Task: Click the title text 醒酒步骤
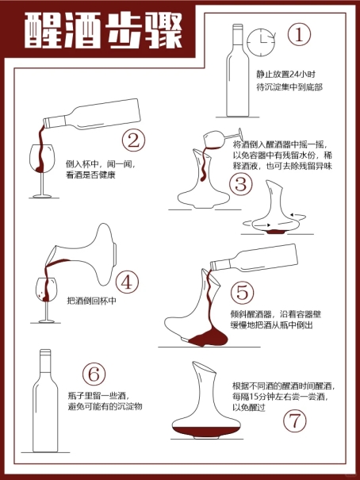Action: click(x=103, y=31)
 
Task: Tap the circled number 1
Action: click(x=299, y=34)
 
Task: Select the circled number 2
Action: click(x=133, y=140)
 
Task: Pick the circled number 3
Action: click(x=241, y=184)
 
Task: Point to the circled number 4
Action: click(x=128, y=282)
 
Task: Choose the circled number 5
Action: click(x=242, y=292)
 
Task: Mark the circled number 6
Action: click(x=94, y=374)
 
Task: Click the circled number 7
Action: click(x=294, y=420)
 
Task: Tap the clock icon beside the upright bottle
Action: click(x=261, y=43)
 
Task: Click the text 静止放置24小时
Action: click(x=285, y=75)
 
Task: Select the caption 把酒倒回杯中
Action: click(x=91, y=301)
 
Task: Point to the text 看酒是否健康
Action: click(x=91, y=175)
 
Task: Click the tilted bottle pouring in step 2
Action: click(x=91, y=114)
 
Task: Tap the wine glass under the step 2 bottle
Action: click(x=43, y=171)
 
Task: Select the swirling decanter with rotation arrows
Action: click(x=275, y=208)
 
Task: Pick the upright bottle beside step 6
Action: click(x=45, y=401)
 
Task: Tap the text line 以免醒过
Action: click(x=249, y=408)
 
